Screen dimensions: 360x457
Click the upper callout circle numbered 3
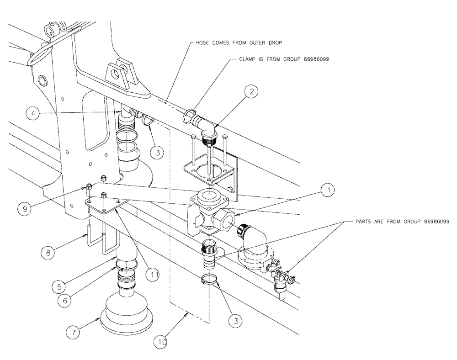pos(156,151)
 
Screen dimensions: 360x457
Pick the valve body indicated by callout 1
pos(208,212)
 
